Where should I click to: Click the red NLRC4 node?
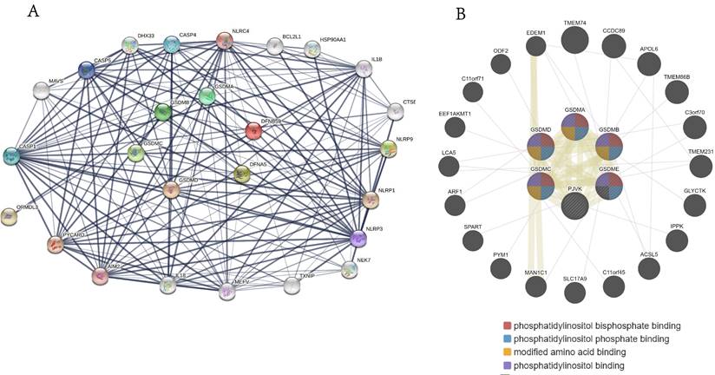pos(224,41)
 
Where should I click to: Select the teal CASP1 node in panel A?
pos(11,155)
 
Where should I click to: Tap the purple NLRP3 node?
pos(359,237)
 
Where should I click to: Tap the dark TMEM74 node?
pos(574,40)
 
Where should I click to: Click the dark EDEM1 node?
pos(535,51)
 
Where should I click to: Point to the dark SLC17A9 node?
pos(574,293)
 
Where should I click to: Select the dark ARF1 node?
pos(454,205)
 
